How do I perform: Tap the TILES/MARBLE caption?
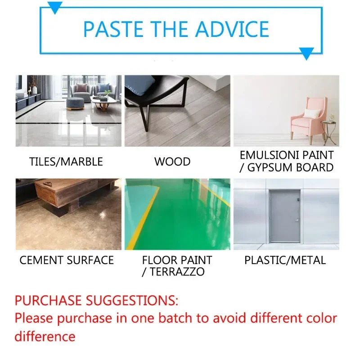click(66, 162)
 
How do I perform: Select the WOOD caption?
click(172, 162)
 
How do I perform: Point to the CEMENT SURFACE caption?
click(67, 260)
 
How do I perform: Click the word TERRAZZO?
click(177, 271)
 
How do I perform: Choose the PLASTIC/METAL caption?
click(285, 260)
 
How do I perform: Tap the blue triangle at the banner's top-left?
click(55, 7)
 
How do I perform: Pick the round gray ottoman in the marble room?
click(75, 103)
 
